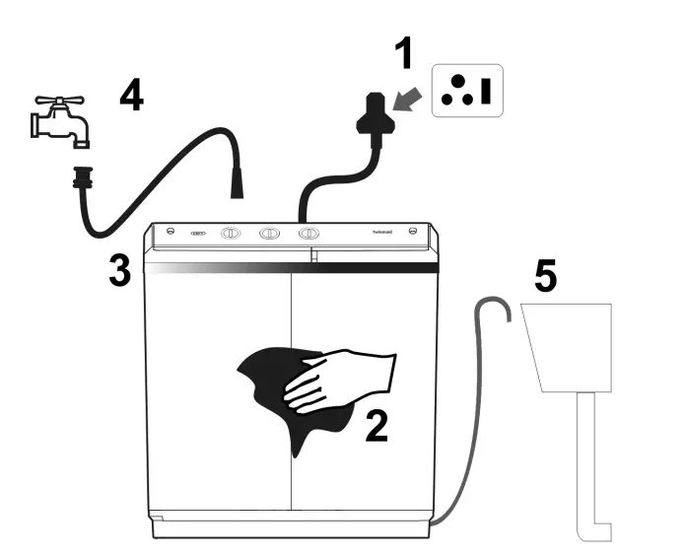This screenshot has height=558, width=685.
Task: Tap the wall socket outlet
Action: point(466,91)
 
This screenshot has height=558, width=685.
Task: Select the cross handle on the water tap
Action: point(54,103)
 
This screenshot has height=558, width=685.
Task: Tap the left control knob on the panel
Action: point(231,235)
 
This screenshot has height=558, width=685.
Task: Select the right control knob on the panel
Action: point(308,235)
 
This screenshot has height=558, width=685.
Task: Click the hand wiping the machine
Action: point(340,379)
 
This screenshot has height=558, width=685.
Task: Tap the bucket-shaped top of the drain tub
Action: point(565,345)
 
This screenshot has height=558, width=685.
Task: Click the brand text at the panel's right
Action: point(385,233)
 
